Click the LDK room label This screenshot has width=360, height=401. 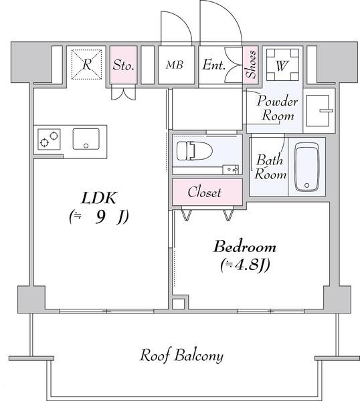tap(99, 198)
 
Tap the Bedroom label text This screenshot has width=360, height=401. tap(245, 247)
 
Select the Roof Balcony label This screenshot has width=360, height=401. tap(181, 356)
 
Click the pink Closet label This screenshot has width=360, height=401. tap(204, 192)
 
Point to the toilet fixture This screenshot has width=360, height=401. tap(195, 151)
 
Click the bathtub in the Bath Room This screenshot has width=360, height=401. tap(306, 167)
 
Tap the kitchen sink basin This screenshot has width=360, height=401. tap(86, 139)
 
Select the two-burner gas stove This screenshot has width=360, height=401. tap(49, 140)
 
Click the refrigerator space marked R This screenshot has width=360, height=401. tap(86, 64)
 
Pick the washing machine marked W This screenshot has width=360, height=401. tap(282, 65)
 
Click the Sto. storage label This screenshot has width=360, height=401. tap(123, 65)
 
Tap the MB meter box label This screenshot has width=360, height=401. tap(175, 65)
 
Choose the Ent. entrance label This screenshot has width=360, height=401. tap(214, 65)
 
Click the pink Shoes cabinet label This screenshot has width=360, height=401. tap(250, 64)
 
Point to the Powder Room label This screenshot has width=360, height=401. tap(277, 108)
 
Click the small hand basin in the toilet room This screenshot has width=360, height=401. tap(231, 169)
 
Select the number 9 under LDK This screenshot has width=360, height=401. tap(100, 218)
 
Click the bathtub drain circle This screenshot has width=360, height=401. tap(306, 185)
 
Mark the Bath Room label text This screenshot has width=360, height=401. tap(270, 167)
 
